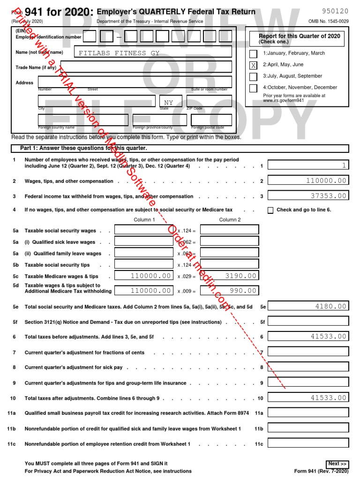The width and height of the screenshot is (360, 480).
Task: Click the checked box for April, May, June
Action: pyautogui.click(x=253, y=65)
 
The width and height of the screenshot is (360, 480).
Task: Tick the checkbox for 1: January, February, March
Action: pyautogui.click(x=253, y=54)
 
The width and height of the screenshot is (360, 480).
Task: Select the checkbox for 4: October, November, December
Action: pyautogui.click(x=253, y=88)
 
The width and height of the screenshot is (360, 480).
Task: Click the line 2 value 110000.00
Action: pyautogui.click(x=308, y=180)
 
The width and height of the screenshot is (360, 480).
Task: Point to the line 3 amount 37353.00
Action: pyautogui.click(x=308, y=196)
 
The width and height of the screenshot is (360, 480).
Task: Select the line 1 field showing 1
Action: pyautogui.click(x=308, y=165)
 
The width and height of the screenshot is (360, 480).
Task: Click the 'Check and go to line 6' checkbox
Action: pyautogui.click(x=270, y=210)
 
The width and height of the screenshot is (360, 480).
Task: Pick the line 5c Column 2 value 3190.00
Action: pyautogui.click(x=229, y=276)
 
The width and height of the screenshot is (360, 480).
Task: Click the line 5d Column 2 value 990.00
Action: pyautogui.click(x=229, y=291)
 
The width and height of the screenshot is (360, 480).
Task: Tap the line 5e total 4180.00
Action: pyautogui.click(x=308, y=307)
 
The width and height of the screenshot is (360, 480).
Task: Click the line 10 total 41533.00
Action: pyautogui.click(x=308, y=397)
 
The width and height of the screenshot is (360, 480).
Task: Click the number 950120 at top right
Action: pyautogui.click(x=335, y=11)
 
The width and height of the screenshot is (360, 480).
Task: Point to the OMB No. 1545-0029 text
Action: pyautogui.click(x=328, y=22)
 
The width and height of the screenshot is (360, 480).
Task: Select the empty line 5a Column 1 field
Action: pyautogui.click(x=144, y=230)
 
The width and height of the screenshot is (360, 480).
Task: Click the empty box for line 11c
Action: pyautogui.click(x=308, y=443)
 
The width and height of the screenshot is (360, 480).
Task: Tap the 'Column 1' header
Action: pyautogui.click(x=142, y=220)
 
